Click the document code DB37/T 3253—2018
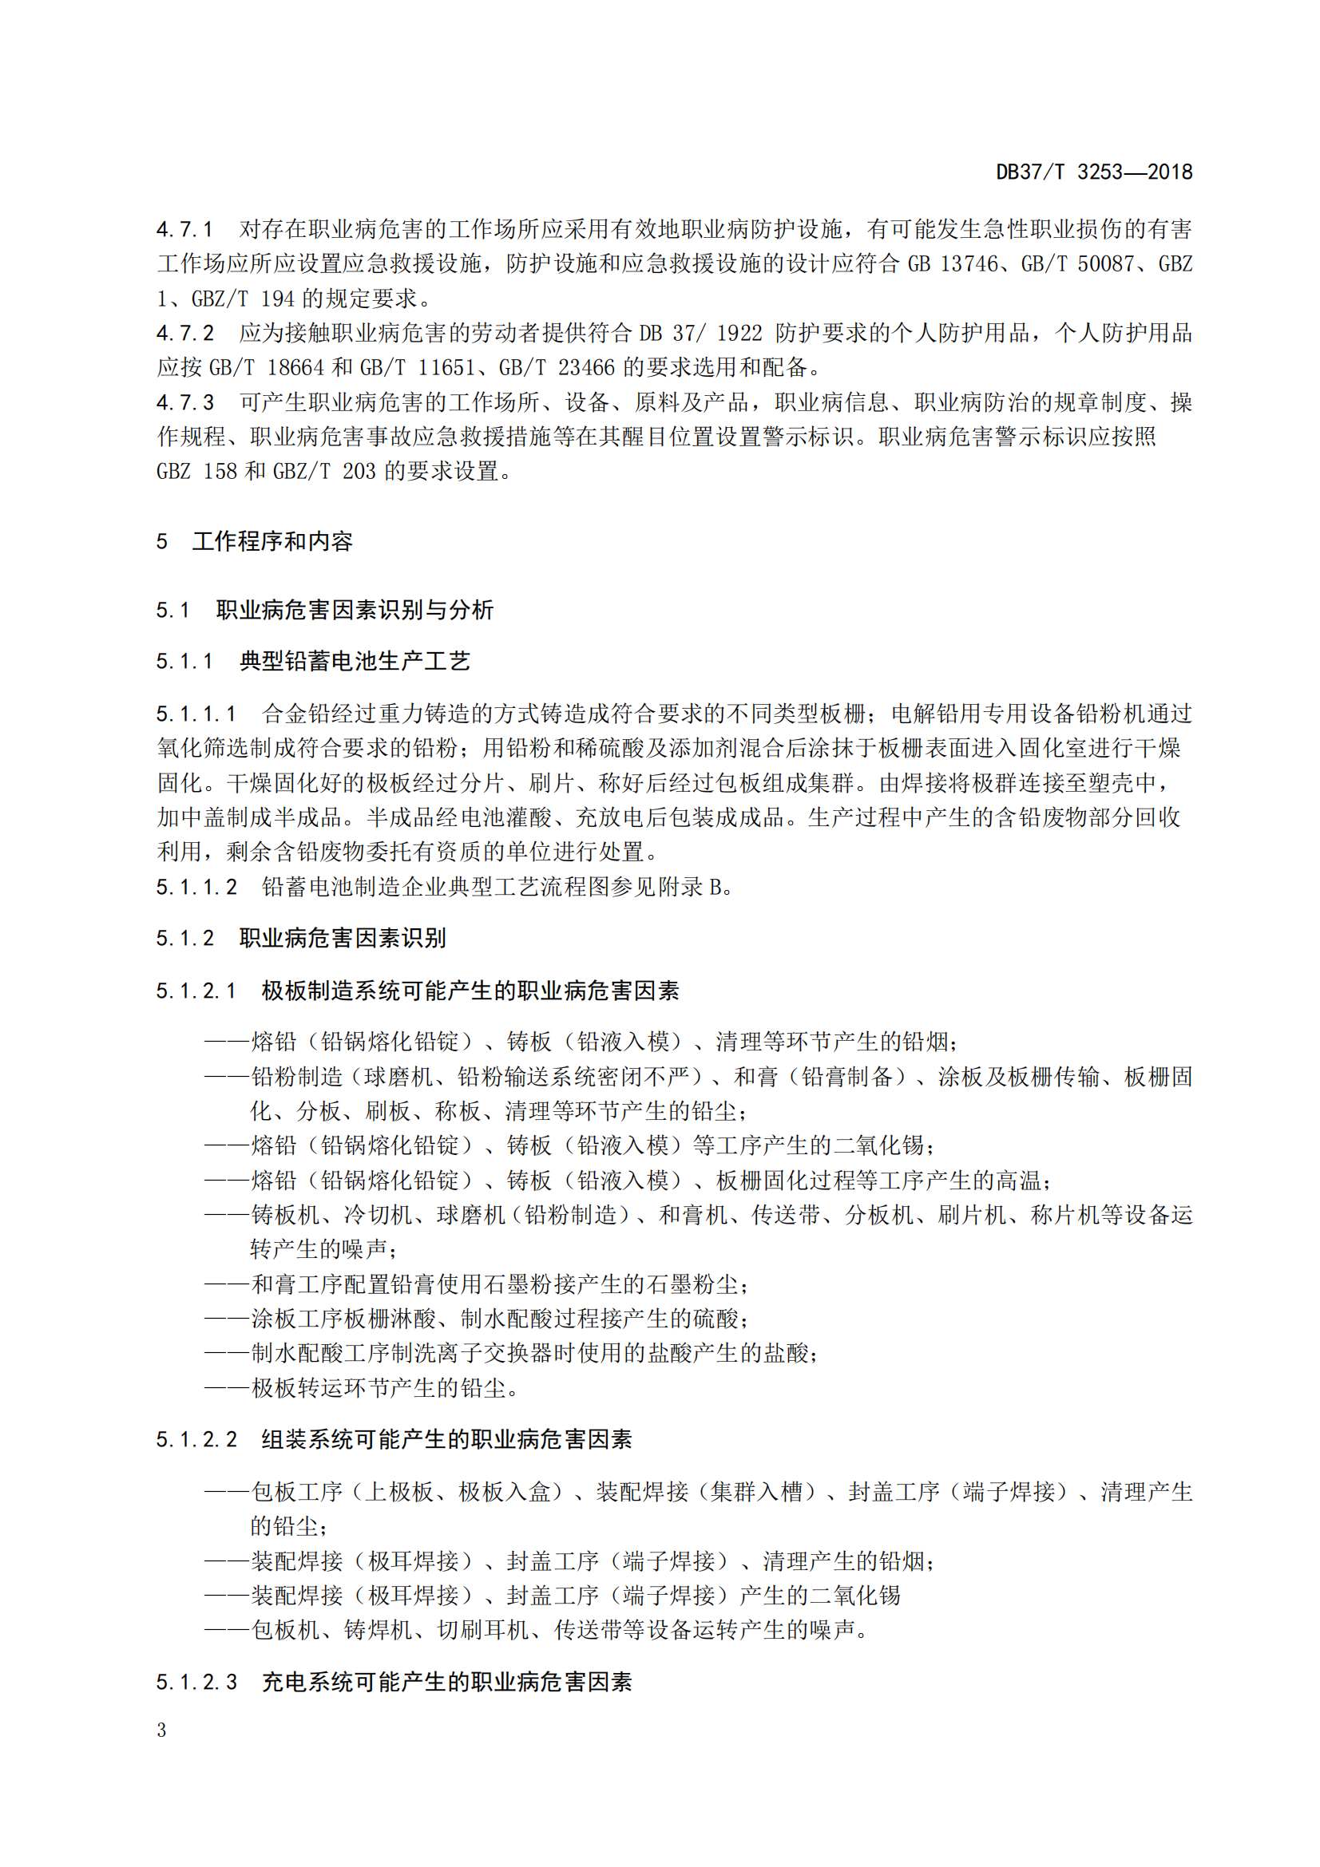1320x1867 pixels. click(x=1094, y=172)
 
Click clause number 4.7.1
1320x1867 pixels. click(x=184, y=229)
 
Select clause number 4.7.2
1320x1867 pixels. click(x=184, y=333)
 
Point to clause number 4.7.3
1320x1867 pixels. click(x=184, y=402)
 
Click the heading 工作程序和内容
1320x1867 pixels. click(x=272, y=540)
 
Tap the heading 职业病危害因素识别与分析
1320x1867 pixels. click(x=355, y=610)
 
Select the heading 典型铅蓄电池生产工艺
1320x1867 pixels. click(x=355, y=661)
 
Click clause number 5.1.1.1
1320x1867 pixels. click(x=196, y=714)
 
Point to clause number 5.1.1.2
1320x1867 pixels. click(x=196, y=887)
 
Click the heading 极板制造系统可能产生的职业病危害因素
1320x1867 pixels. click(x=470, y=991)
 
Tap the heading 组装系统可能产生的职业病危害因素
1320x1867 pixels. click(x=446, y=1439)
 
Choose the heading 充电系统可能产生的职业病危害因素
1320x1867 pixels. click(x=446, y=1682)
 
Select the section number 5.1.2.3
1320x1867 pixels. click(x=196, y=1682)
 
